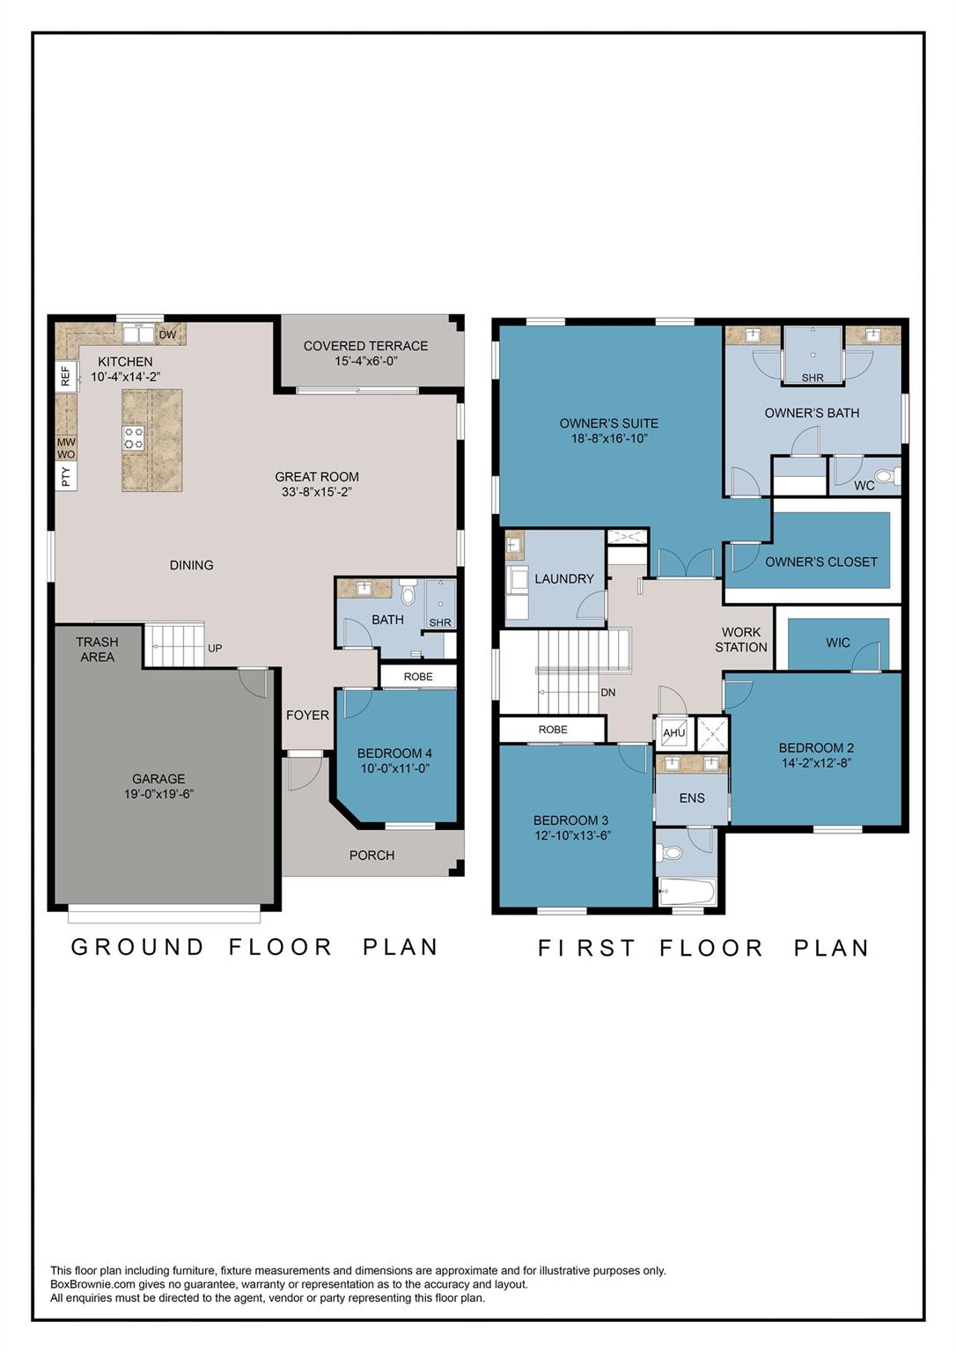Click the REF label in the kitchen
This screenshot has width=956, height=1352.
66,378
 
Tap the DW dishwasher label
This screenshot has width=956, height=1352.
168,334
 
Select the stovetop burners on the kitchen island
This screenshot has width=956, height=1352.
134,437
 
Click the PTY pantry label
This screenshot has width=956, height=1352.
66,476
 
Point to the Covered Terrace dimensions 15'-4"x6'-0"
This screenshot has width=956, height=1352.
365,361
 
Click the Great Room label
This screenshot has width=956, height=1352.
317,476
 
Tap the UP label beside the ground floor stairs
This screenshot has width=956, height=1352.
215,648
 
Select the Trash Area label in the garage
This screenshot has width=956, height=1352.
97,650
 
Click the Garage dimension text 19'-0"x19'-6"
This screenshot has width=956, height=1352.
158,794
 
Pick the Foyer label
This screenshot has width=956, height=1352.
308,716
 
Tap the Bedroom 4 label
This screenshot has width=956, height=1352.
394,753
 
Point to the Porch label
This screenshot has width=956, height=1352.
371,856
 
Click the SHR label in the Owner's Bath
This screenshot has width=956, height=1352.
813,378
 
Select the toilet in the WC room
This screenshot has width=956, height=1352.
887,476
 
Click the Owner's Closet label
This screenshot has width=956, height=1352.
821,562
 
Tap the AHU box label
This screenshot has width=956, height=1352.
674,732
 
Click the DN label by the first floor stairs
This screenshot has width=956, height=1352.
607,693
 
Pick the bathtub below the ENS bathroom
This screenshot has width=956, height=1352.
688,892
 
